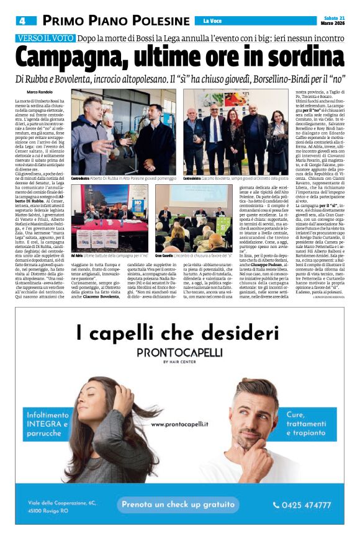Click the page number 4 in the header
(21, 20)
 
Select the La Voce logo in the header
(212, 21)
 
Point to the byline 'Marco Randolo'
(39, 92)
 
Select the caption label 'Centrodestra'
(83, 179)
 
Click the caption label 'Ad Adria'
(78, 255)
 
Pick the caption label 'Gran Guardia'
(164, 255)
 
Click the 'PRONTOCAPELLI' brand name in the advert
(179, 352)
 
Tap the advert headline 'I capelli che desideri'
(179, 332)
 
